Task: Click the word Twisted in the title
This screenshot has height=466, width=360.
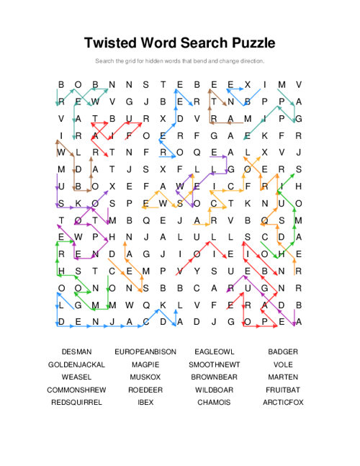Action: pyautogui.click(x=114, y=42)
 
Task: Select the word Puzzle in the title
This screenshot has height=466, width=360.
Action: pyautogui.click(x=249, y=42)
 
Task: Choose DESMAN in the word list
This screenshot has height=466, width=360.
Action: pyautogui.click(x=76, y=351)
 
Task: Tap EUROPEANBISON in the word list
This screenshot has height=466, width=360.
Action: pyautogui.click(x=145, y=351)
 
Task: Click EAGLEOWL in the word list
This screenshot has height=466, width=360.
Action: pyautogui.click(x=215, y=351)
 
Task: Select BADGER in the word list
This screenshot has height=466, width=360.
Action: pyautogui.click(x=283, y=351)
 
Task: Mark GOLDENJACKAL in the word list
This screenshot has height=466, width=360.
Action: pyautogui.click(x=76, y=364)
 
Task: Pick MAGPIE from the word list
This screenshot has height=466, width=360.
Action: pyautogui.click(x=145, y=364)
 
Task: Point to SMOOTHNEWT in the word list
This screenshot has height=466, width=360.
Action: pyautogui.click(x=215, y=364)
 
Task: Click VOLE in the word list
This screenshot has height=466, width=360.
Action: pyautogui.click(x=283, y=364)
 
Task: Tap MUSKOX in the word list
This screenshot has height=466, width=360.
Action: pyautogui.click(x=145, y=377)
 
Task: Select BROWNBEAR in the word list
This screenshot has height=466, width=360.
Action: pyautogui.click(x=215, y=377)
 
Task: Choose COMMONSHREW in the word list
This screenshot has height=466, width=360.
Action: pyautogui.click(x=76, y=390)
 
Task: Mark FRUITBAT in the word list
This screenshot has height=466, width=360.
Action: pyautogui.click(x=283, y=390)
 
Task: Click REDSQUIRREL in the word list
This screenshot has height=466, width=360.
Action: pyautogui.click(x=76, y=402)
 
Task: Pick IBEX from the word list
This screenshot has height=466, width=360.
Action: pyautogui.click(x=145, y=402)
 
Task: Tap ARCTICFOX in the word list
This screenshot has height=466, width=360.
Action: pyautogui.click(x=283, y=402)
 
